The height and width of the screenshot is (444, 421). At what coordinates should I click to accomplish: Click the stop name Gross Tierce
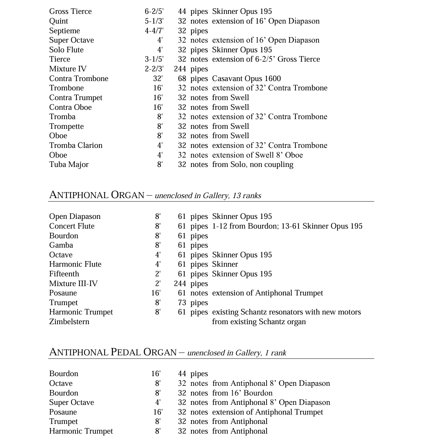click(70, 11)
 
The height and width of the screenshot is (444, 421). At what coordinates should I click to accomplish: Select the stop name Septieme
click(64, 31)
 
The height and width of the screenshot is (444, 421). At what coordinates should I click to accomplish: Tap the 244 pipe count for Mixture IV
click(180, 69)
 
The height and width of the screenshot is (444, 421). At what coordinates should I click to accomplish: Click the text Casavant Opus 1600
click(246, 79)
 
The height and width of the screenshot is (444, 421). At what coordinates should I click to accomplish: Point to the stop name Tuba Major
click(69, 165)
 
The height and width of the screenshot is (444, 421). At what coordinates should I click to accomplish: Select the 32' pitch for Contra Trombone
click(158, 79)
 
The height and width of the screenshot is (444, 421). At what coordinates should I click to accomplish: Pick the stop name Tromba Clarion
click(75, 145)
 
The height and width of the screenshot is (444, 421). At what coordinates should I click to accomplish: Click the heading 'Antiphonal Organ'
click(97, 195)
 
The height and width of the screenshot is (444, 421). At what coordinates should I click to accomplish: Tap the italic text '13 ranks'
click(247, 196)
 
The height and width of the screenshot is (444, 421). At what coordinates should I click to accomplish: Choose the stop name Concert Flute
click(72, 226)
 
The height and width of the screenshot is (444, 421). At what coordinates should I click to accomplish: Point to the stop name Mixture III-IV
click(73, 284)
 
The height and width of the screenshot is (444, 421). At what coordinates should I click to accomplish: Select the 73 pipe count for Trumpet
click(182, 303)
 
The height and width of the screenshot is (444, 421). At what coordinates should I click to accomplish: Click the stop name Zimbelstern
click(69, 322)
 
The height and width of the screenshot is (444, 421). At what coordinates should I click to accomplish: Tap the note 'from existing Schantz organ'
click(259, 322)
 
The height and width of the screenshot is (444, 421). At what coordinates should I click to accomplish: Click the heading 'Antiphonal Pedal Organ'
click(113, 352)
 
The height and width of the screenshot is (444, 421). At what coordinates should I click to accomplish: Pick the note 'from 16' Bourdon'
click(242, 393)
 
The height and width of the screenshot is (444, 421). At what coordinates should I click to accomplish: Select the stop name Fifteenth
click(64, 274)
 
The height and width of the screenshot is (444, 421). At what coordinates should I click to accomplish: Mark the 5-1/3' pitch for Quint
click(154, 21)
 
